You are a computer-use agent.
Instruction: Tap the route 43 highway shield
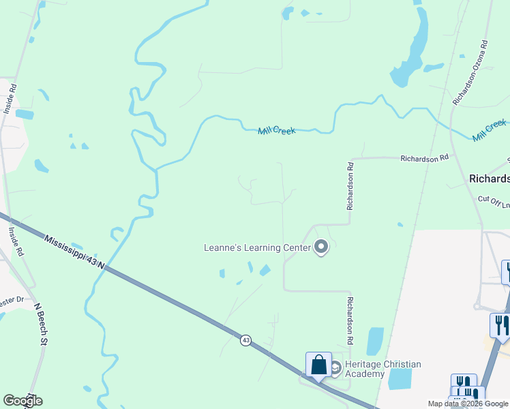[245, 339]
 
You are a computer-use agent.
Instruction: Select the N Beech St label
[40, 324]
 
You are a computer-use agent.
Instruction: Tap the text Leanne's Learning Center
[257, 247]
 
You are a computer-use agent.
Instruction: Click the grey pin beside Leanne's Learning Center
[321, 248]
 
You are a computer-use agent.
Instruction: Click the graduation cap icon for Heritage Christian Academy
[335, 368]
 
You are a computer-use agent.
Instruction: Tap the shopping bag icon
[318, 365]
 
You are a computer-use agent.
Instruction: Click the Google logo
[22, 401]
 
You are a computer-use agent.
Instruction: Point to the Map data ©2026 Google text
[468, 404]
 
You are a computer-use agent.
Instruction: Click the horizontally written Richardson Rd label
[424, 157]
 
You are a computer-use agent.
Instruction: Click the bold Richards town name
[489, 179]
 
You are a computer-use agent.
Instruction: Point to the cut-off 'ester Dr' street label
[12, 299]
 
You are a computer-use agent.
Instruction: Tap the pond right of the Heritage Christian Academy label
[401, 378]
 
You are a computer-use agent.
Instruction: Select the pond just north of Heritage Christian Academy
[375, 341]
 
